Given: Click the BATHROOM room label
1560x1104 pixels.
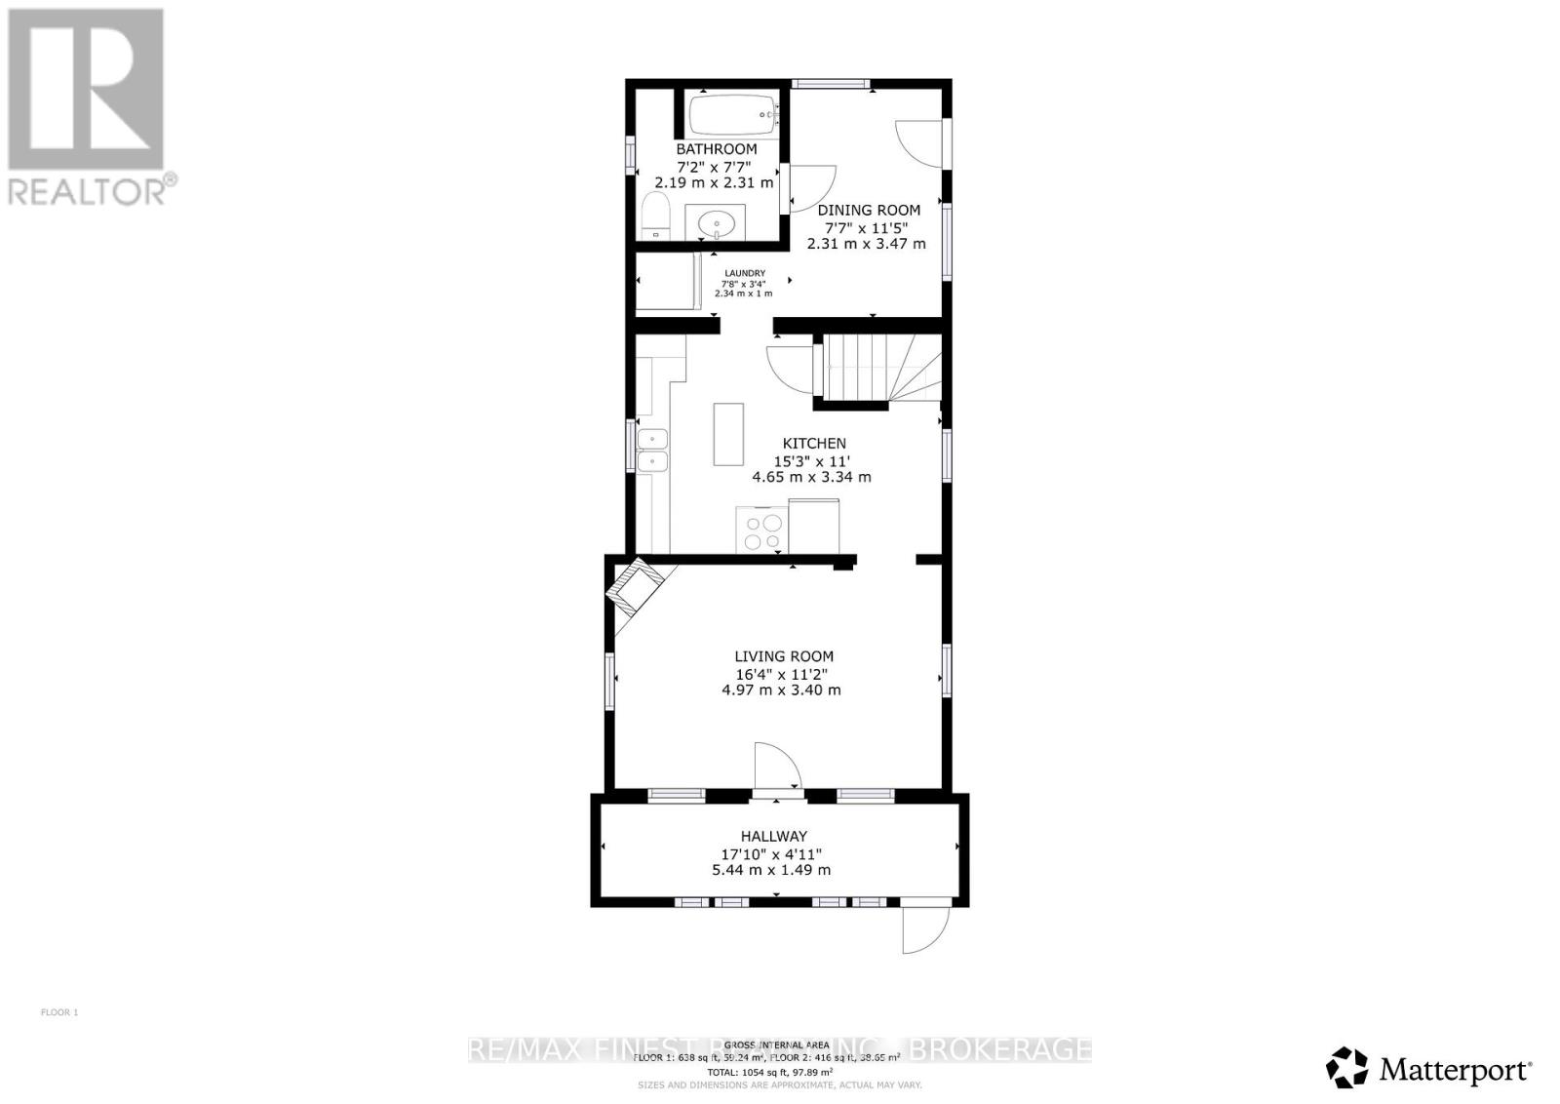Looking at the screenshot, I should pyautogui.click(x=717, y=149).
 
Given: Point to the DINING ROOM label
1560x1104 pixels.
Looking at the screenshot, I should pyautogui.click(x=868, y=210).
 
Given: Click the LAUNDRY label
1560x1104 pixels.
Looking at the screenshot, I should pyautogui.click(x=744, y=273).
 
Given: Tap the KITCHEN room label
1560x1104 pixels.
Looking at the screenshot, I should pyautogui.click(x=814, y=444).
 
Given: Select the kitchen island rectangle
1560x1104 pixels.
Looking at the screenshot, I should pyautogui.click(x=728, y=434).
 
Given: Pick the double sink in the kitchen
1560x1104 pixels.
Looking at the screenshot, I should pyautogui.click(x=652, y=451).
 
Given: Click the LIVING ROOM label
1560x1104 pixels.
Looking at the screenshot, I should pyautogui.click(x=784, y=656).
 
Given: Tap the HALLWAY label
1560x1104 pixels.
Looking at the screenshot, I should pyautogui.click(x=773, y=836).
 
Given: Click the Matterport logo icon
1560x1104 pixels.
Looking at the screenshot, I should pyautogui.click(x=1347, y=1067).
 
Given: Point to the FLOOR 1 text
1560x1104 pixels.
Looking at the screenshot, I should pyautogui.click(x=59, y=1012).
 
